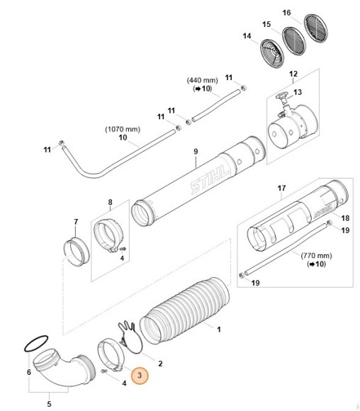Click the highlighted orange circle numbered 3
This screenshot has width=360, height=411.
(x=140, y=376)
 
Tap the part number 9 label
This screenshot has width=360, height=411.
(x=196, y=151)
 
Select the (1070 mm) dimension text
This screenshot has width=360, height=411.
(x=123, y=129)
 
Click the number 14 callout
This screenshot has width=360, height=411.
(x=247, y=36)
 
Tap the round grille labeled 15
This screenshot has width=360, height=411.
(x=290, y=39)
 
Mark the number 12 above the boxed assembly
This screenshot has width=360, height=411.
(x=293, y=74)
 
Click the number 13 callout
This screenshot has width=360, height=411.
(x=298, y=92)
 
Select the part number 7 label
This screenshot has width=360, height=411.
(x=76, y=223)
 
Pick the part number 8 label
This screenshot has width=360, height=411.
(x=110, y=203)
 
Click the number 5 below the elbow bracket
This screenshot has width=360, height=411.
(x=49, y=404)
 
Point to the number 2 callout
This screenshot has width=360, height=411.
(x=161, y=363)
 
